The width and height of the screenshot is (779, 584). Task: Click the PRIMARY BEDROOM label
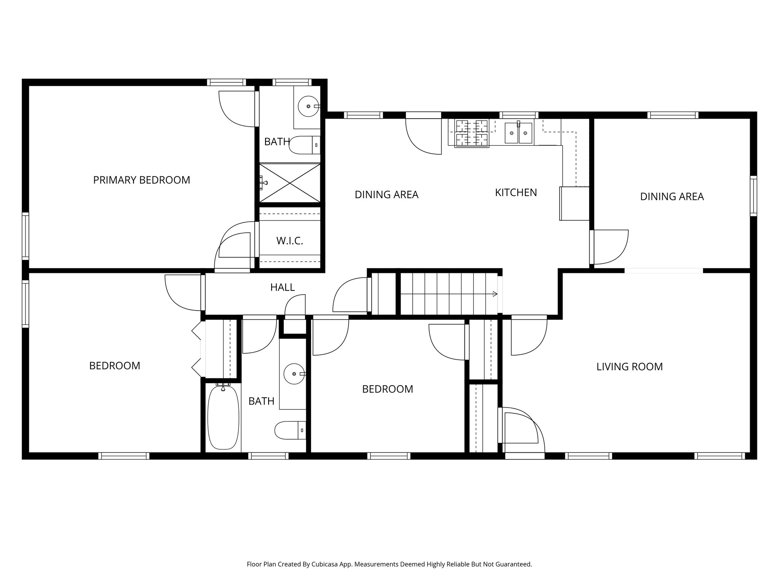[141, 180]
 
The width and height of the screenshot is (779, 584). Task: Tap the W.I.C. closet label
[289, 241]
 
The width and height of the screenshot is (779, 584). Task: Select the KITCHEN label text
[516, 193]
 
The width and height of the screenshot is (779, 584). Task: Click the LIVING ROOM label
[630, 367]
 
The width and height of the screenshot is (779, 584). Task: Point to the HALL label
[282, 287]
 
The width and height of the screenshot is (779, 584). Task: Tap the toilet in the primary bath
[304, 145]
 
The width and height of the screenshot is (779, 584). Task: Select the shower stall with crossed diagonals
[290, 183]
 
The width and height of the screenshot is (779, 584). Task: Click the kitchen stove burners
[472, 133]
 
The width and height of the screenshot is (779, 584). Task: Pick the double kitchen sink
[518, 133]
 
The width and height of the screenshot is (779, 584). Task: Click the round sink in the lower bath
[294, 374]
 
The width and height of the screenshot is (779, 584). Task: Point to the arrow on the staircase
[494, 294]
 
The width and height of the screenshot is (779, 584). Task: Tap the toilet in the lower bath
[290, 430]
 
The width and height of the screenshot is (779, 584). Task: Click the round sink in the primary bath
[308, 106]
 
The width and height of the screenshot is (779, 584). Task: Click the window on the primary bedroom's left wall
[25, 236]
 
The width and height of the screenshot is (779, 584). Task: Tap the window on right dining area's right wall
[753, 196]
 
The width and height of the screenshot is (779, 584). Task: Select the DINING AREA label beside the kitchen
[386, 195]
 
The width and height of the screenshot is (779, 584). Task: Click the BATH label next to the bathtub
[261, 401]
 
